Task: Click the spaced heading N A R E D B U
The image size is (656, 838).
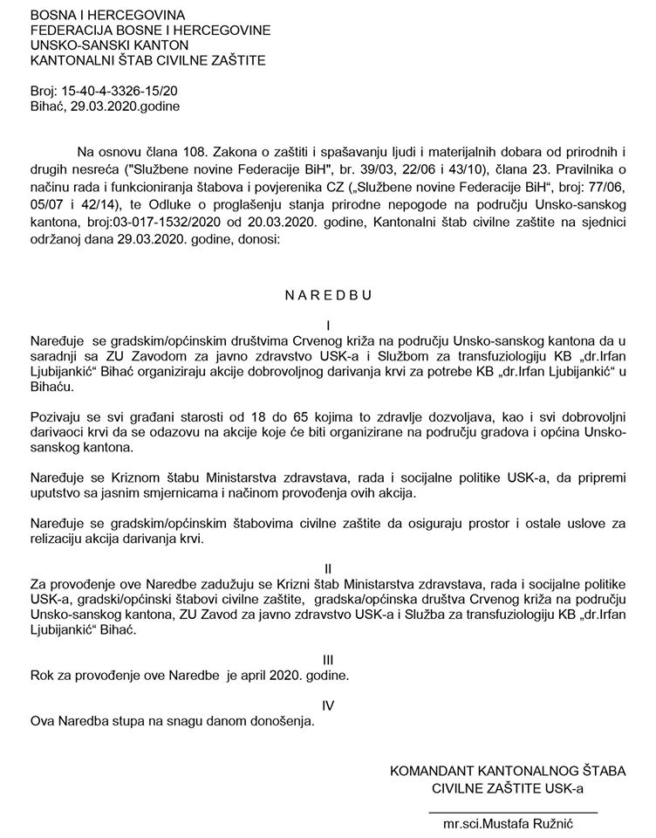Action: (328, 294)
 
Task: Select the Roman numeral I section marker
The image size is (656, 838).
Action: (327, 322)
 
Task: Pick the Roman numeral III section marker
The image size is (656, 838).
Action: (327, 659)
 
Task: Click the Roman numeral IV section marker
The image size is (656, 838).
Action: (327, 704)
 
